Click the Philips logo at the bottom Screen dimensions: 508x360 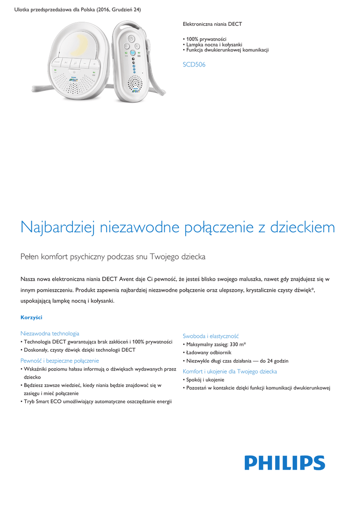coord(285,463)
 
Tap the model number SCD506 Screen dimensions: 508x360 coord(194,64)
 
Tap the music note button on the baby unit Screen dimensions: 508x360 coord(73,63)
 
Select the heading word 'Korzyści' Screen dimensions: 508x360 coord(31,317)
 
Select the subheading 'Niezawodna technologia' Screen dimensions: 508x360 coord(50,333)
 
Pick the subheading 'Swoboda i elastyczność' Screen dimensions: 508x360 coord(211,336)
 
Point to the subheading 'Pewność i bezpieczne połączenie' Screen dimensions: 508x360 coord(60,361)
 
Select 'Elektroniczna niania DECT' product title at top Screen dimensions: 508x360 coord(213,24)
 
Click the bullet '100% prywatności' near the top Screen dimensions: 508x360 coord(206,39)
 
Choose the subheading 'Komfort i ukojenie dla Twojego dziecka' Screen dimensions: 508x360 coord(230,371)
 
